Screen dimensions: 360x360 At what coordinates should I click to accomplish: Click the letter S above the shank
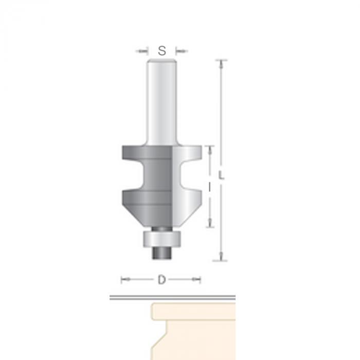click(x=162, y=51)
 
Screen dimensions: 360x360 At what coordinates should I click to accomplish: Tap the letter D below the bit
click(x=161, y=280)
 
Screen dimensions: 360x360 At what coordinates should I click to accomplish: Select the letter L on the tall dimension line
click(x=221, y=175)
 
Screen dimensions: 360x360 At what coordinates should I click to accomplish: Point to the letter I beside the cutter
click(x=209, y=188)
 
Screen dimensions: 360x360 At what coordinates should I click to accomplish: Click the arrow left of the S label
click(x=141, y=51)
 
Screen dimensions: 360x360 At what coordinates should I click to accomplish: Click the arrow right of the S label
click(x=182, y=51)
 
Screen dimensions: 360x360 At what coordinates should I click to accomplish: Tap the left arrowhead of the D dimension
click(x=125, y=279)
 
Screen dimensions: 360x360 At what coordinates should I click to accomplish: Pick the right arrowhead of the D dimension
click(x=196, y=279)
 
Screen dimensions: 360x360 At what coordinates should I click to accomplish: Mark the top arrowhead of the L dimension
click(x=221, y=64)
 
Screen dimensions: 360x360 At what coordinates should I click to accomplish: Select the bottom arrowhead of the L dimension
click(x=221, y=256)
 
